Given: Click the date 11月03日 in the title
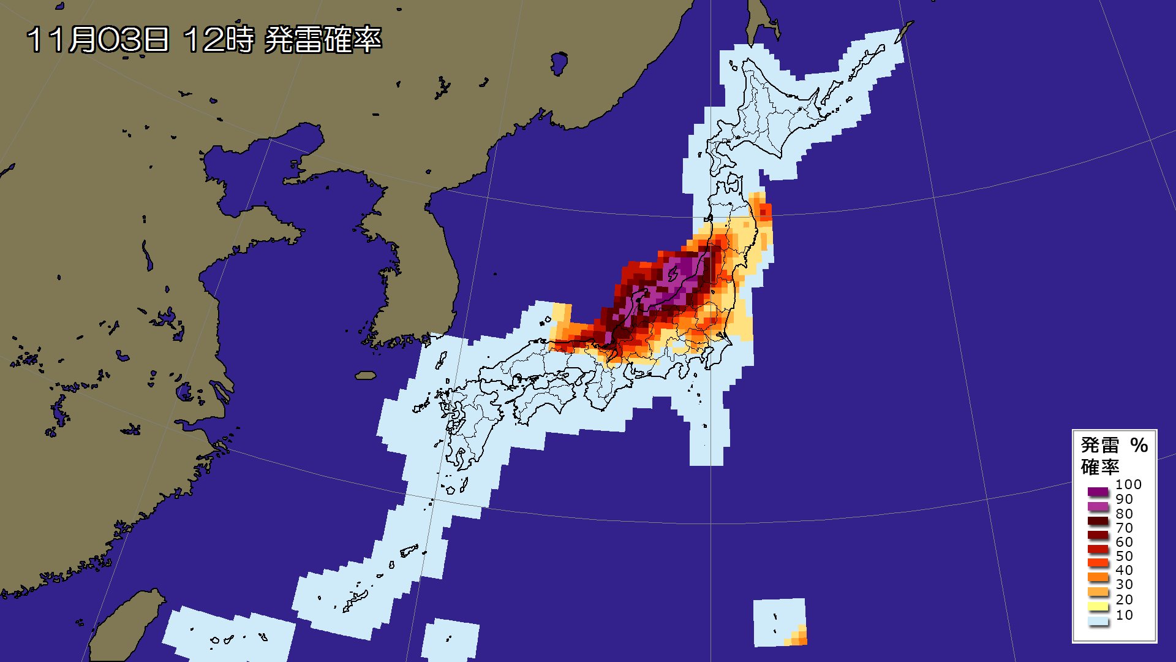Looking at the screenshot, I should point(98,40).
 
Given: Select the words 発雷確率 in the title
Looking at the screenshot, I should point(323,40).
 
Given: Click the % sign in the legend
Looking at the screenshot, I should point(1139,445).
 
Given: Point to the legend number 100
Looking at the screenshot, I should point(1128,484).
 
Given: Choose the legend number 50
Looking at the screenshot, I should point(1124,556).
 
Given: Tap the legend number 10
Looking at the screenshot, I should point(1124,615).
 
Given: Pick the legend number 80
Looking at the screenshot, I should point(1124,514).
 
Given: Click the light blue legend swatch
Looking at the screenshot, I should point(1098,621).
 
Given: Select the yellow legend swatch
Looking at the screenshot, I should point(1098,607).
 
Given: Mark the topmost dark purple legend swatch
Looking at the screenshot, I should point(1098,492).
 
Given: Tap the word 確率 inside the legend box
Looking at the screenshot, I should point(1100,466).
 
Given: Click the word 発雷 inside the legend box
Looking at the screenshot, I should point(1100,445).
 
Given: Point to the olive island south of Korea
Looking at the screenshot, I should point(366,375).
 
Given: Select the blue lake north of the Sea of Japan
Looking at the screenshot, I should point(559,63).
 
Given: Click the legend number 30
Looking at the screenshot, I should point(1124,584).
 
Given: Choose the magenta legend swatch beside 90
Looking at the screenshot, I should point(1098,506).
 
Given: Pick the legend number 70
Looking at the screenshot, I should point(1124,528).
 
